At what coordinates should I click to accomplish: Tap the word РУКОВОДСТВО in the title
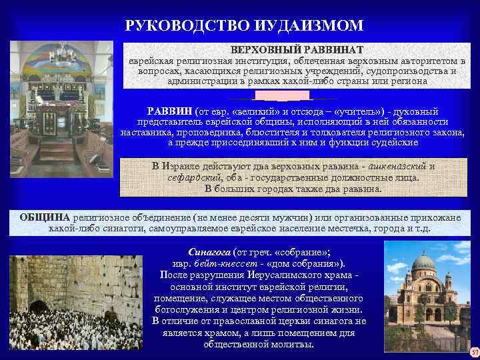pyautogui.click(x=187, y=26)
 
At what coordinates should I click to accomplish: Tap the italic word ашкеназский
pyautogui.click(x=395, y=167)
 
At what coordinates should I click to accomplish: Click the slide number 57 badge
pyautogui.click(x=474, y=352)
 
